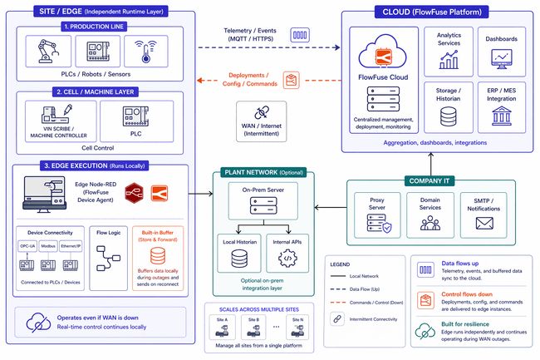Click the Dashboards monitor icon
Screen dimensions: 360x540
tap(501, 57)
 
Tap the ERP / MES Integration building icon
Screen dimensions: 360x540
tap(501, 114)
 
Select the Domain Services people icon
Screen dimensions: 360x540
tap(429, 223)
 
